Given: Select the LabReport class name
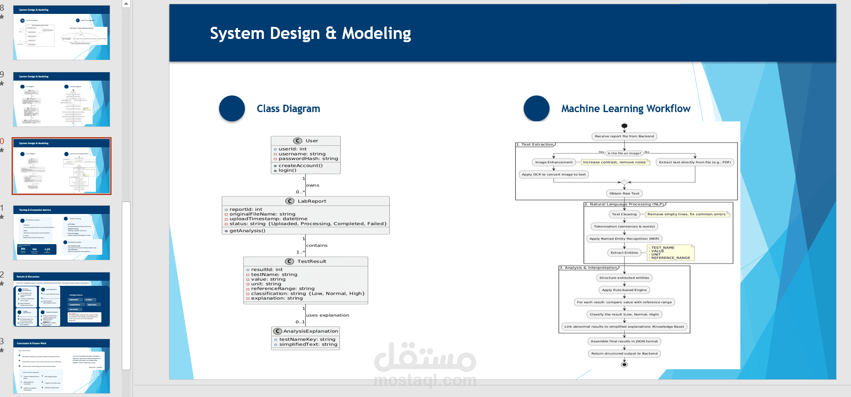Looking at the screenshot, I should pyautogui.click(x=312, y=201).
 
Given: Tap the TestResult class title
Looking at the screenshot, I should pyautogui.click(x=312, y=261).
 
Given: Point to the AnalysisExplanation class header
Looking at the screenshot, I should pyautogui.click(x=310, y=331).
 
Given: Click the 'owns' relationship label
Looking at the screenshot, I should pyautogui.click(x=313, y=185).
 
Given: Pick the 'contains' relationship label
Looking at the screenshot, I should pyautogui.click(x=317, y=246).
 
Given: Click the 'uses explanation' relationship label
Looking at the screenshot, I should pyautogui.click(x=328, y=315).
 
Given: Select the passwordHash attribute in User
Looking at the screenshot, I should pyautogui.click(x=308, y=159).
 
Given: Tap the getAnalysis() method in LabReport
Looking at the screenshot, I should pyautogui.click(x=247, y=231).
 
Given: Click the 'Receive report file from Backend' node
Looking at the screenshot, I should pyautogui.click(x=624, y=136).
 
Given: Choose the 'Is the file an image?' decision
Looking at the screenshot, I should pyautogui.click(x=624, y=153).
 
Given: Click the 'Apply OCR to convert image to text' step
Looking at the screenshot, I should pyautogui.click(x=553, y=175).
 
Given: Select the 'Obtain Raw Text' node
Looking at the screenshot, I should pyautogui.click(x=624, y=194).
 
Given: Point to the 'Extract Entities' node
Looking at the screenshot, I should pyautogui.click(x=624, y=253).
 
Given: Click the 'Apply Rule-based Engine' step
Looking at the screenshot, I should pyautogui.click(x=624, y=290).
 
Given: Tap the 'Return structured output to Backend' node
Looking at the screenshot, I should pyautogui.click(x=624, y=353).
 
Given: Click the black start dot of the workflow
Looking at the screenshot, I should pyautogui.click(x=624, y=126).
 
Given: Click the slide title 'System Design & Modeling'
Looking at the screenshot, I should pyautogui.click(x=310, y=33).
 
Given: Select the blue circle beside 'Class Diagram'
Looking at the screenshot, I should pyautogui.click(x=232, y=108).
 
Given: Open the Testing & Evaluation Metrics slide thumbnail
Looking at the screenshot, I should pyautogui.click(x=62, y=233).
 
